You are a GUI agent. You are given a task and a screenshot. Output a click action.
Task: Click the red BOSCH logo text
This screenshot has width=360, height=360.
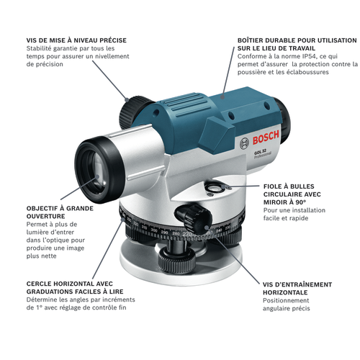click(266, 137)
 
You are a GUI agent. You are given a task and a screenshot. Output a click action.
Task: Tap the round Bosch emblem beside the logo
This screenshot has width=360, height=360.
click(245, 144)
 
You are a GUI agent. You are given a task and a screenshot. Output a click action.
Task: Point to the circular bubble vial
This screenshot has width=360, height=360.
click(215, 187)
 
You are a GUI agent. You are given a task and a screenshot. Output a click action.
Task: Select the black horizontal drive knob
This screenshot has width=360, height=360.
click(194, 219)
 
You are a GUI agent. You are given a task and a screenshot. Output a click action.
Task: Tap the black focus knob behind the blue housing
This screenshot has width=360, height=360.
click(134, 112)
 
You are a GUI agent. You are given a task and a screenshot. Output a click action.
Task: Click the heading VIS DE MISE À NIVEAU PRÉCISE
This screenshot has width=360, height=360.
click(76, 40)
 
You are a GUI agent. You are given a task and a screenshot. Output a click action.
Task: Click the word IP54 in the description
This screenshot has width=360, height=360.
click(307, 56)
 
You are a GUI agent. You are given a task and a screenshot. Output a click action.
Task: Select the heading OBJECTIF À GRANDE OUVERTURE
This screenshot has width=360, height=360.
click(60, 212)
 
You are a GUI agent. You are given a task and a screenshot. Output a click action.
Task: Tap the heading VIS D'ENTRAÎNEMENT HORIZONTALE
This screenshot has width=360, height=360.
click(297, 288)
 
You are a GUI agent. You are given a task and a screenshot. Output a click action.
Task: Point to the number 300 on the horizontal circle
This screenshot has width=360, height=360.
click(154, 230)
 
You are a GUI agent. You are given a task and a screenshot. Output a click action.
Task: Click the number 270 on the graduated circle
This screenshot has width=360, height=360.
click(187, 234)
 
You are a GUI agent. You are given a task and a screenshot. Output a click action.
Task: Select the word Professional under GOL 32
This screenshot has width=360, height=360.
click(263, 155)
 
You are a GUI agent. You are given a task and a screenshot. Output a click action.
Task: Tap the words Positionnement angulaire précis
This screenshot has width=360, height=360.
click(286, 305)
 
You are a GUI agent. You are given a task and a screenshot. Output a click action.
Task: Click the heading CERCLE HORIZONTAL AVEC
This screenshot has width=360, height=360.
click(70, 284)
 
